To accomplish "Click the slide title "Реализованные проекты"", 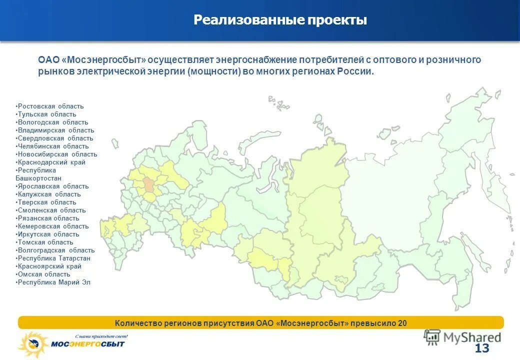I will [x=280, y=20].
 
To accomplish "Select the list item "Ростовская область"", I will [x=50, y=106].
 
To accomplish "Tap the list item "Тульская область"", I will [x=46, y=114].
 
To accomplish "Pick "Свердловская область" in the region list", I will [x=54, y=138].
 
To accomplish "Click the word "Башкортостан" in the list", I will [x=38, y=178].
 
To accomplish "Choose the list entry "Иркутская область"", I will [x=48, y=234].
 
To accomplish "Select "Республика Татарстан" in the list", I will [x=53, y=258].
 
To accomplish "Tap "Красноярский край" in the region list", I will [x=49, y=266].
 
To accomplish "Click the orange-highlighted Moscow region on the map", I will [x=149, y=185].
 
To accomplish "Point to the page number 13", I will [x=482, y=348].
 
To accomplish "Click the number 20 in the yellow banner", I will [x=402, y=323].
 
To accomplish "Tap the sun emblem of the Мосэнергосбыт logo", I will [x=32, y=344].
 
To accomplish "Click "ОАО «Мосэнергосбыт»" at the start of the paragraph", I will [x=92, y=60].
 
